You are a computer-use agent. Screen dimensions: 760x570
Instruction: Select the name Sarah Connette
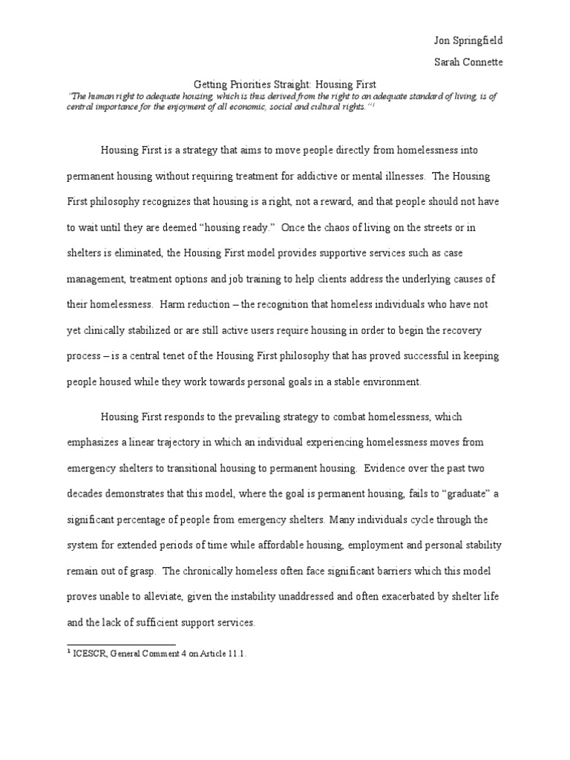click(x=468, y=62)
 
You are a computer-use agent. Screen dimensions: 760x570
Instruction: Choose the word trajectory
click(x=191, y=443)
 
